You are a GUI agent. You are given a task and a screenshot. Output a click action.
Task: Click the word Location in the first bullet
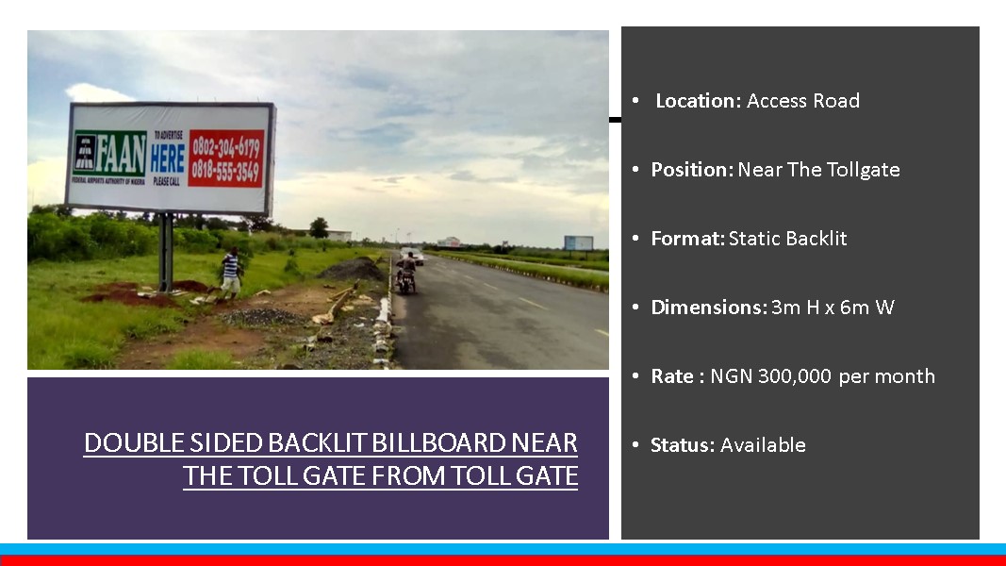(698, 101)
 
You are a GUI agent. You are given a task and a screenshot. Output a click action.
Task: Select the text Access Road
(803, 101)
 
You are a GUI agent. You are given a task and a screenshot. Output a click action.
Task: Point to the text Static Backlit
(788, 239)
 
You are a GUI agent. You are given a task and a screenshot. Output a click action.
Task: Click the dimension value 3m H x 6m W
(833, 308)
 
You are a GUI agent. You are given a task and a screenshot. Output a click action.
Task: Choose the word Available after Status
(763, 444)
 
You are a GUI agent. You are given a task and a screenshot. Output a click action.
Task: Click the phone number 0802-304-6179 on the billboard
(226, 147)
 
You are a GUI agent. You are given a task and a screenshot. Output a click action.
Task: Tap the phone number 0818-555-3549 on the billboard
(226, 171)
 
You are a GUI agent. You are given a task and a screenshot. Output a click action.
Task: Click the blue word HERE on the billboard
(168, 158)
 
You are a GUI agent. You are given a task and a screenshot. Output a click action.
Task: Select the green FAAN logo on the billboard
(109, 154)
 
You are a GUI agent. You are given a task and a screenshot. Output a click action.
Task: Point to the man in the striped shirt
(230, 272)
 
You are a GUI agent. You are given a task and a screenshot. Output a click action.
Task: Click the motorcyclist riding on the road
(406, 271)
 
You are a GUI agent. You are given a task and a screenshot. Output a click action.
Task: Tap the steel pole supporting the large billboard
(166, 252)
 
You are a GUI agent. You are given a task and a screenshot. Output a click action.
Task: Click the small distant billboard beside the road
(578, 242)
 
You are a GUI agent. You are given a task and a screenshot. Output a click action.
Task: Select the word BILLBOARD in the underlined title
(438, 443)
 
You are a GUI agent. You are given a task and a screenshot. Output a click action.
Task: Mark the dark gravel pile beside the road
(353, 270)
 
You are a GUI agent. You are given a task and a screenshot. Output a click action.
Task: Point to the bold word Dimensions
(709, 308)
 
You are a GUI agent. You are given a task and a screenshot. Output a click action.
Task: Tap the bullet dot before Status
(635, 444)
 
